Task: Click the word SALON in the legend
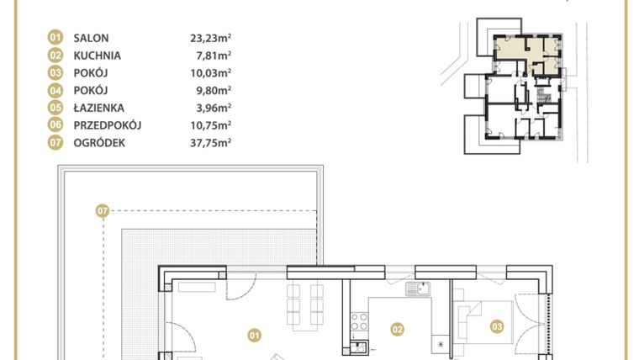pos(92,38)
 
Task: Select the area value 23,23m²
pos(210,38)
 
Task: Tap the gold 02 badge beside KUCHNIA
pos(55,56)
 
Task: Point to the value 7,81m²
pos(214,56)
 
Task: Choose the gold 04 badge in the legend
pos(55,90)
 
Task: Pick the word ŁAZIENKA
pos(98,108)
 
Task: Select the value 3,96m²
pos(214,108)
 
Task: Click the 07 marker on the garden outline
pos(103,211)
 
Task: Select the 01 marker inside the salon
pos(252,336)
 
